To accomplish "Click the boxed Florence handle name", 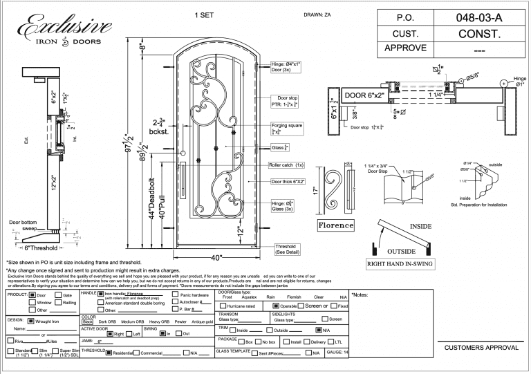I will [x=336, y=225].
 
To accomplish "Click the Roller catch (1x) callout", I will [x=287, y=165].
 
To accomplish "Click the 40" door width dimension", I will [x=216, y=258].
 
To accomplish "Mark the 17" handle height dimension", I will [x=316, y=189].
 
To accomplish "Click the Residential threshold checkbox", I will [x=109, y=353].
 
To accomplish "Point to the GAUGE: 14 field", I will [x=337, y=353].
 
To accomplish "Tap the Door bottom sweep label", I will [x=23, y=225].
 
